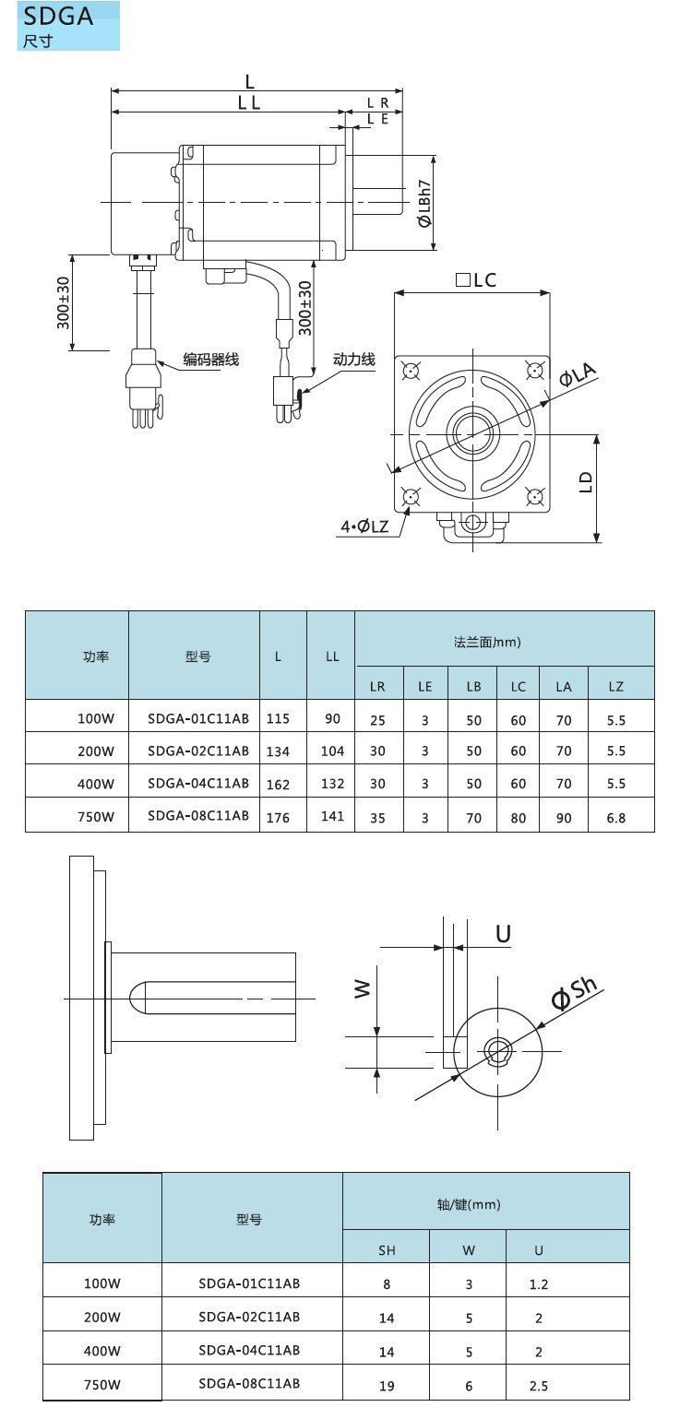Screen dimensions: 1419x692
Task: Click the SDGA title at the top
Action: (x=58, y=16)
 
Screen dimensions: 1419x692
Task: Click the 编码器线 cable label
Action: (x=210, y=360)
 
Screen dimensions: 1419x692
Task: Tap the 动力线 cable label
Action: (x=354, y=359)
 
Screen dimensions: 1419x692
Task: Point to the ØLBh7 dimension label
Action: (x=424, y=204)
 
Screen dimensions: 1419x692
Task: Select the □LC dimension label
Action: (x=476, y=280)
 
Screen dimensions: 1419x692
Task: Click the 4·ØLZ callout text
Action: (x=364, y=526)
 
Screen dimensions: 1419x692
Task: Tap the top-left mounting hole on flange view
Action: (x=411, y=371)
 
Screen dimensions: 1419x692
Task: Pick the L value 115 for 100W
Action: (x=278, y=716)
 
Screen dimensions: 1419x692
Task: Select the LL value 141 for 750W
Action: (x=332, y=816)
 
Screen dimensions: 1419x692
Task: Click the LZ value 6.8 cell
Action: (x=616, y=816)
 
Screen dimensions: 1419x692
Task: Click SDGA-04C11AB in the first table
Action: (x=198, y=784)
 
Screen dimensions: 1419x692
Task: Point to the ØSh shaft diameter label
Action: (x=575, y=992)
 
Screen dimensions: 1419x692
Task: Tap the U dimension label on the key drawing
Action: (x=503, y=934)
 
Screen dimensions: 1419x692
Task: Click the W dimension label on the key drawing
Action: (x=363, y=988)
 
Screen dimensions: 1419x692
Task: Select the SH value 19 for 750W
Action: (x=387, y=1385)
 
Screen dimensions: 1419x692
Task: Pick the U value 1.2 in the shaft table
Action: (x=539, y=1284)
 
